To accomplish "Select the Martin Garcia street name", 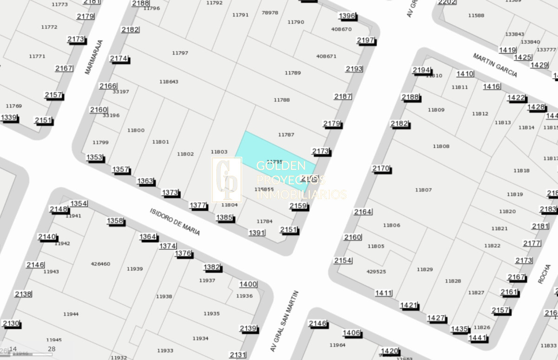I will pyautogui.click(x=495, y=65).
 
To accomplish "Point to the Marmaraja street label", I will pyautogui.click(x=93, y=57).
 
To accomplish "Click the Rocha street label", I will pyautogui.click(x=544, y=274).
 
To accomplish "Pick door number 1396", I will pyautogui.click(x=347, y=16).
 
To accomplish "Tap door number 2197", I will pyautogui.click(x=365, y=40).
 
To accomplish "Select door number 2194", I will pyautogui.click(x=422, y=70).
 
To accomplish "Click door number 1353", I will pyautogui.click(x=94, y=158).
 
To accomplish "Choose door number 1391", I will pyautogui.click(x=257, y=233).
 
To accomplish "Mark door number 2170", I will pyautogui.click(x=381, y=168).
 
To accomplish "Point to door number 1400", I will pyautogui.click(x=248, y=284).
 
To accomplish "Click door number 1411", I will pyautogui.click(x=384, y=293).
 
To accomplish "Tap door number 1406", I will pyautogui.click(x=352, y=333).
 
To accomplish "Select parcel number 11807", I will pyautogui.click(x=423, y=190).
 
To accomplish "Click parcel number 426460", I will pyautogui.click(x=100, y=264).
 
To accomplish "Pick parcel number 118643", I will pyautogui.click(x=169, y=82).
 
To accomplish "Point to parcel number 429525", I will pyautogui.click(x=376, y=272).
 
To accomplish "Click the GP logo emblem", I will pyautogui.click(x=226, y=180).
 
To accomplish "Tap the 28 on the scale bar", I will pyautogui.click(x=52, y=349).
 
